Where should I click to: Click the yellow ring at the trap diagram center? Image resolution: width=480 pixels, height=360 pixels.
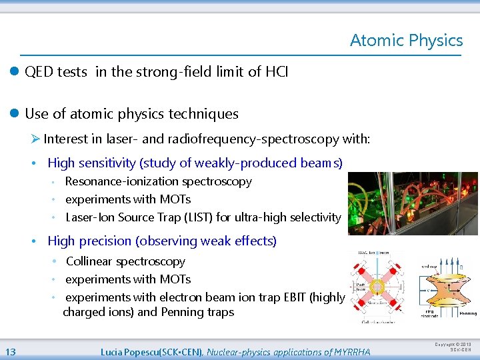377,288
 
